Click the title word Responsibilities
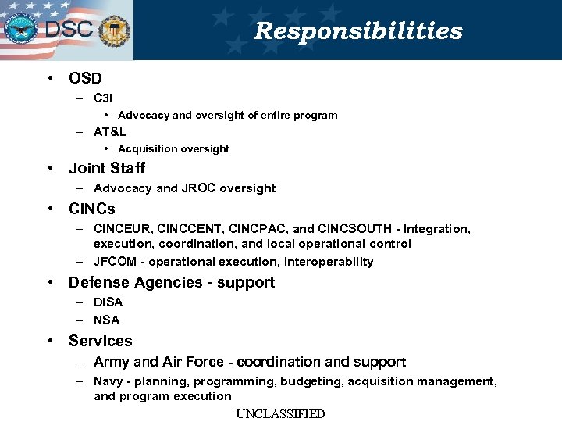click(358, 31)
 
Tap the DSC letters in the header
click(69, 30)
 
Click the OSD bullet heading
click(85, 78)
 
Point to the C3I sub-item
click(103, 98)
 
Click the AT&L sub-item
click(110, 132)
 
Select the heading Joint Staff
click(107, 168)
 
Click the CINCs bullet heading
click(91, 209)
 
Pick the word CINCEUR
click(122, 229)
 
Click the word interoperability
click(329, 262)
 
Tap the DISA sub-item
click(108, 302)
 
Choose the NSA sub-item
click(107, 320)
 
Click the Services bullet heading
click(101, 341)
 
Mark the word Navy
click(108, 381)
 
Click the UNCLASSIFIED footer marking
click(280, 414)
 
